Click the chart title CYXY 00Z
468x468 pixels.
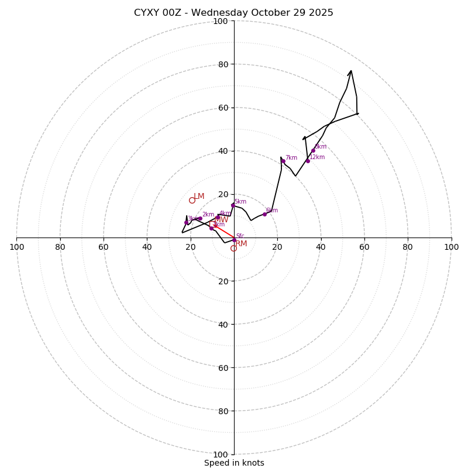coord(233,13)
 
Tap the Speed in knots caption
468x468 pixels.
coord(234,463)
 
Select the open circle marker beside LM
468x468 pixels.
coord(192,200)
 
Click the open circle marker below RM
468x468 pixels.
coord(233,248)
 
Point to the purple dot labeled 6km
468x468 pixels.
coord(264,214)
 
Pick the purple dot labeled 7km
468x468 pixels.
coord(283,161)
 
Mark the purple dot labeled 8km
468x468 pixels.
coord(313,150)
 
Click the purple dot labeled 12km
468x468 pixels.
coord(308,161)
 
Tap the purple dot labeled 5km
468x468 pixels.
coord(233,205)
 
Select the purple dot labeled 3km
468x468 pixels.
coord(187,222)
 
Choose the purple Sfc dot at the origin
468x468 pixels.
coord(234,240)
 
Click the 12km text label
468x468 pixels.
coord(317,157)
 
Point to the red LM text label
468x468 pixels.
coord(199,196)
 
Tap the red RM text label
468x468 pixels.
coord(241,243)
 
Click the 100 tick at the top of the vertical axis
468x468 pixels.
coord(220,21)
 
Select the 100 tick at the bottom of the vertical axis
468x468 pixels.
coord(220,455)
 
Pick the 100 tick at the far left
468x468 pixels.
coord(16,247)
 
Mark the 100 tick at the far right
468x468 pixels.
coord(451,247)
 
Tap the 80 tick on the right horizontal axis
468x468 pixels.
coord(408,247)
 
